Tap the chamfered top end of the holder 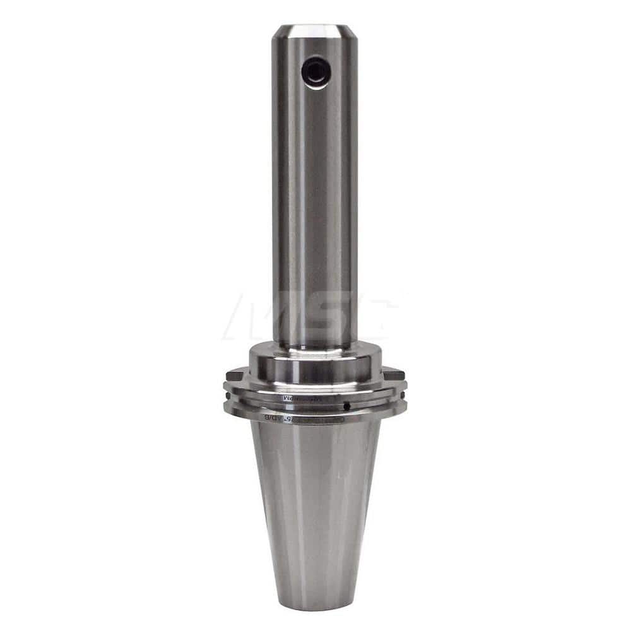(314, 28)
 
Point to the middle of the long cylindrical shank (314, 189)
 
